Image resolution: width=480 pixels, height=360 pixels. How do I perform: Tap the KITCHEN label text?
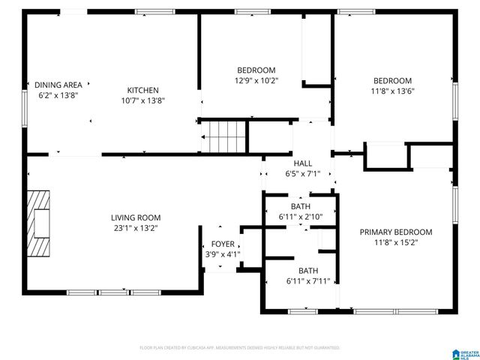[142, 88]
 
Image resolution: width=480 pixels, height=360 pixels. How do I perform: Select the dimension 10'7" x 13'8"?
[142, 100]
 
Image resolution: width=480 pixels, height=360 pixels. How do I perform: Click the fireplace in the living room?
[39, 224]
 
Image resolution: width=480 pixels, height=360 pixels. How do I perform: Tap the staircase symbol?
[227, 137]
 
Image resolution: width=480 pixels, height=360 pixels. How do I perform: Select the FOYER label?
[222, 244]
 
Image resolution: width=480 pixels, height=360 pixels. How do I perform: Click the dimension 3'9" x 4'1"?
[222, 254]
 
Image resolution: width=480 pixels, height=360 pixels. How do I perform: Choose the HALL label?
[303, 163]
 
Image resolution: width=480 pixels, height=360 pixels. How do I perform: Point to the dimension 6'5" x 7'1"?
[303, 174]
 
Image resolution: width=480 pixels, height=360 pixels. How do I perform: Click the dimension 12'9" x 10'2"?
[256, 81]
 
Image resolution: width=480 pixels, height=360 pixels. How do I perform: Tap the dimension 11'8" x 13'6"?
[394, 91]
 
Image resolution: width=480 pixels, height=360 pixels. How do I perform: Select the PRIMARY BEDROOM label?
[396, 232]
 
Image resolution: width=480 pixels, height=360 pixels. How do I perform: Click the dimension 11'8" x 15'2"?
[396, 243]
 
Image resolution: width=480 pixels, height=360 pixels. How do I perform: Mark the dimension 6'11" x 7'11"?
[308, 281]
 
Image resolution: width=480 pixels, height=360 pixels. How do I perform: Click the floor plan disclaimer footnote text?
[240, 348]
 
